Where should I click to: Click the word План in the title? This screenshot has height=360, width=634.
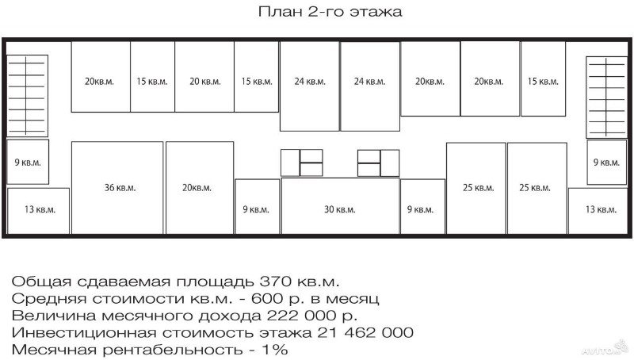(280, 11)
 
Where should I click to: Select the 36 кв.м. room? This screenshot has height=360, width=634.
(117, 188)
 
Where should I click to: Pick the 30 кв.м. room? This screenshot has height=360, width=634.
(340, 206)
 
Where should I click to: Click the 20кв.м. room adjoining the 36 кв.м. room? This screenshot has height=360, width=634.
(200, 188)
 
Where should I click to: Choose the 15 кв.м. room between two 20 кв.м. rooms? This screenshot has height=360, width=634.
(152, 77)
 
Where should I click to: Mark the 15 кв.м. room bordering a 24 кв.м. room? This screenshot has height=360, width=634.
(256, 77)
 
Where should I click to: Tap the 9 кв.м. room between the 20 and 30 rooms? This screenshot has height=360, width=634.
(257, 207)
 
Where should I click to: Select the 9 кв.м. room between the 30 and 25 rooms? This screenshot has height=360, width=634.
(422, 207)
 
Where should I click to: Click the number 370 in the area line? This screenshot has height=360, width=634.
(276, 281)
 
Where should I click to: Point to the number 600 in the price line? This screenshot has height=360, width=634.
(267, 298)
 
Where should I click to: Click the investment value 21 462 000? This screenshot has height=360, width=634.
(365, 332)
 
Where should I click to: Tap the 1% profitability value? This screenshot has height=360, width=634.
(274, 350)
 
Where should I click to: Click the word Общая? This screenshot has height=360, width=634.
(36, 282)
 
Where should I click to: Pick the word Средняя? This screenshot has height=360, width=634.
(49, 299)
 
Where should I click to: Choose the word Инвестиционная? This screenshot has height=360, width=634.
(84, 333)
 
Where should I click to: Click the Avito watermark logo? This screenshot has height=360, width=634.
(605, 350)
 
